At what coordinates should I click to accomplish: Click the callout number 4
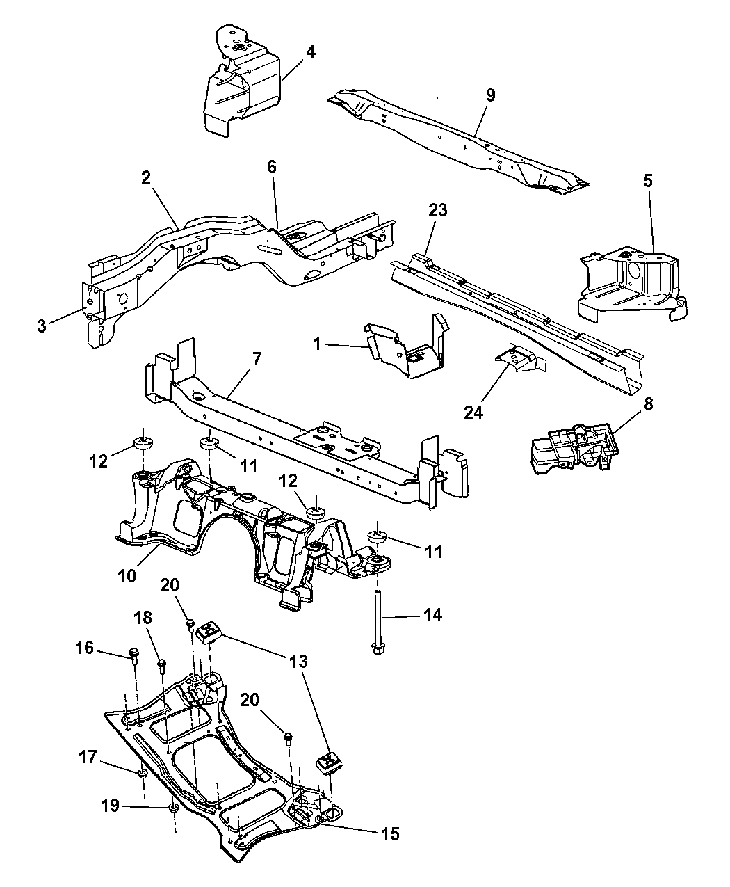tap(311, 52)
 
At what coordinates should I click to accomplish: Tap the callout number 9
tap(491, 95)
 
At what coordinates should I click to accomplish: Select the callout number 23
tap(439, 210)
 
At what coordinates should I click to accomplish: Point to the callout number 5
tap(648, 182)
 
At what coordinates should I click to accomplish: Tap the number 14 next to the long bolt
tap(432, 615)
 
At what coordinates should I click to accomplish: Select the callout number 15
tap(390, 833)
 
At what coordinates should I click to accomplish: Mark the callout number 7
tap(257, 360)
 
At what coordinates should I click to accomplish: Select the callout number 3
tap(42, 325)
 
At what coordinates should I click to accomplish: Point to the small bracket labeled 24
tap(518, 362)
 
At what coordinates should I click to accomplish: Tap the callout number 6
tap(271, 167)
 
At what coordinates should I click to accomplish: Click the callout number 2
tap(145, 177)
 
